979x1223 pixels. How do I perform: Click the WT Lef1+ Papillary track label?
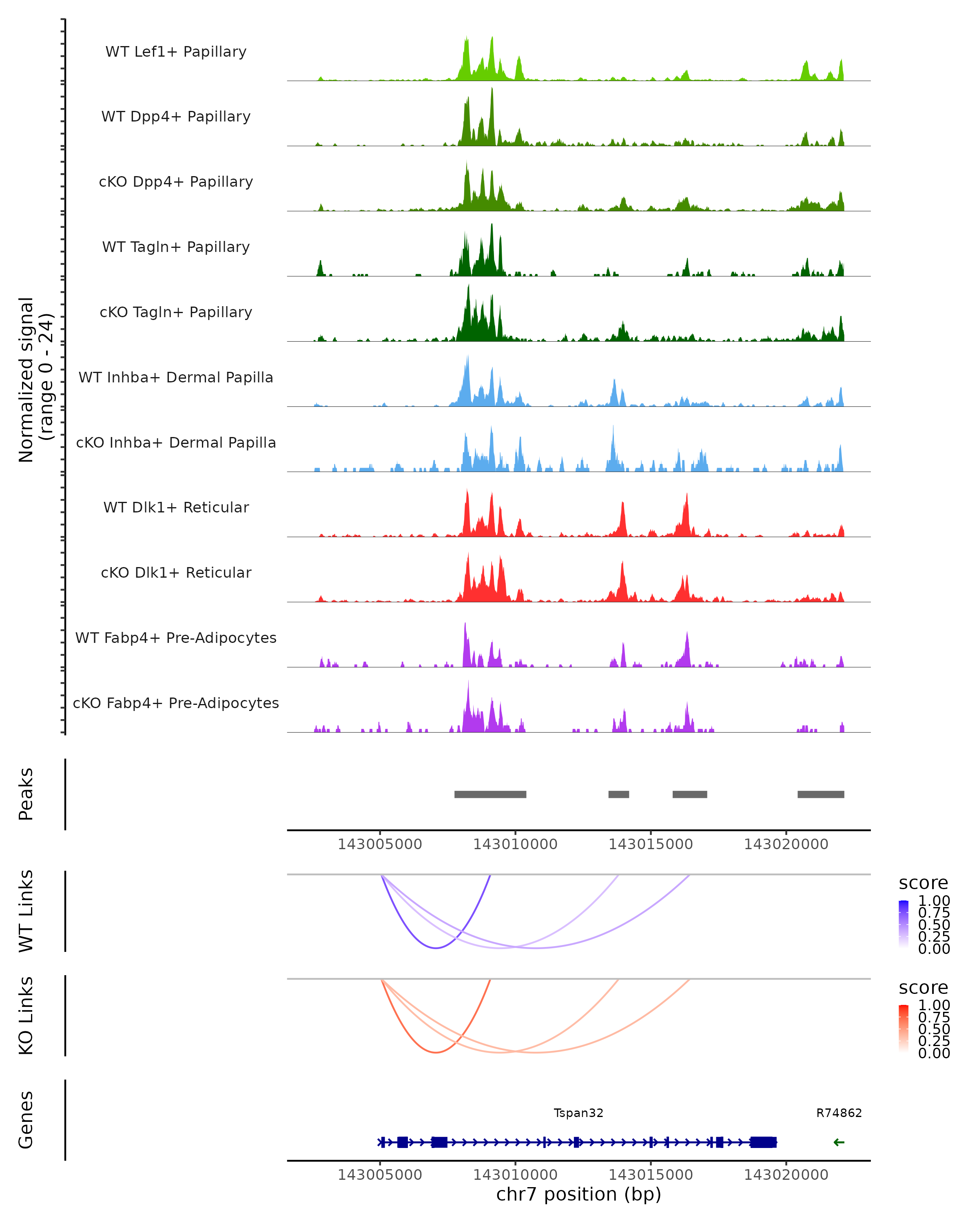[176, 52]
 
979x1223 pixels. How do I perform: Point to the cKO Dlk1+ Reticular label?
[176, 572]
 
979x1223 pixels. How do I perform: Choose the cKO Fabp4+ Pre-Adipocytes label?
[176, 703]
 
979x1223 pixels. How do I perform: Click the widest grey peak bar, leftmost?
[490, 794]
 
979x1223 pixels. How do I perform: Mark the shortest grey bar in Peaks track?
[619, 794]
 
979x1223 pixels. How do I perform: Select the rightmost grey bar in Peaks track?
[821, 794]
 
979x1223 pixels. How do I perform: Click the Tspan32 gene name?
[578, 1113]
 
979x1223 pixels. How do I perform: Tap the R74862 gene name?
[839, 1113]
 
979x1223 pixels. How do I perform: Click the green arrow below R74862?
[839, 1142]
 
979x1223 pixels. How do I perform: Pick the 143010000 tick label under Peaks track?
[515, 844]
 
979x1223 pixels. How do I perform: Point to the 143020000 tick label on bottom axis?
[786, 1175]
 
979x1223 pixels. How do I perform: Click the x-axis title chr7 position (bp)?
[578, 1194]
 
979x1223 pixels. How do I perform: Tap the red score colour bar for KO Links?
[904, 1028]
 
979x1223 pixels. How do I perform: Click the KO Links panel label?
[26, 1015]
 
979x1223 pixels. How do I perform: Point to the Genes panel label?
[26, 1120]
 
